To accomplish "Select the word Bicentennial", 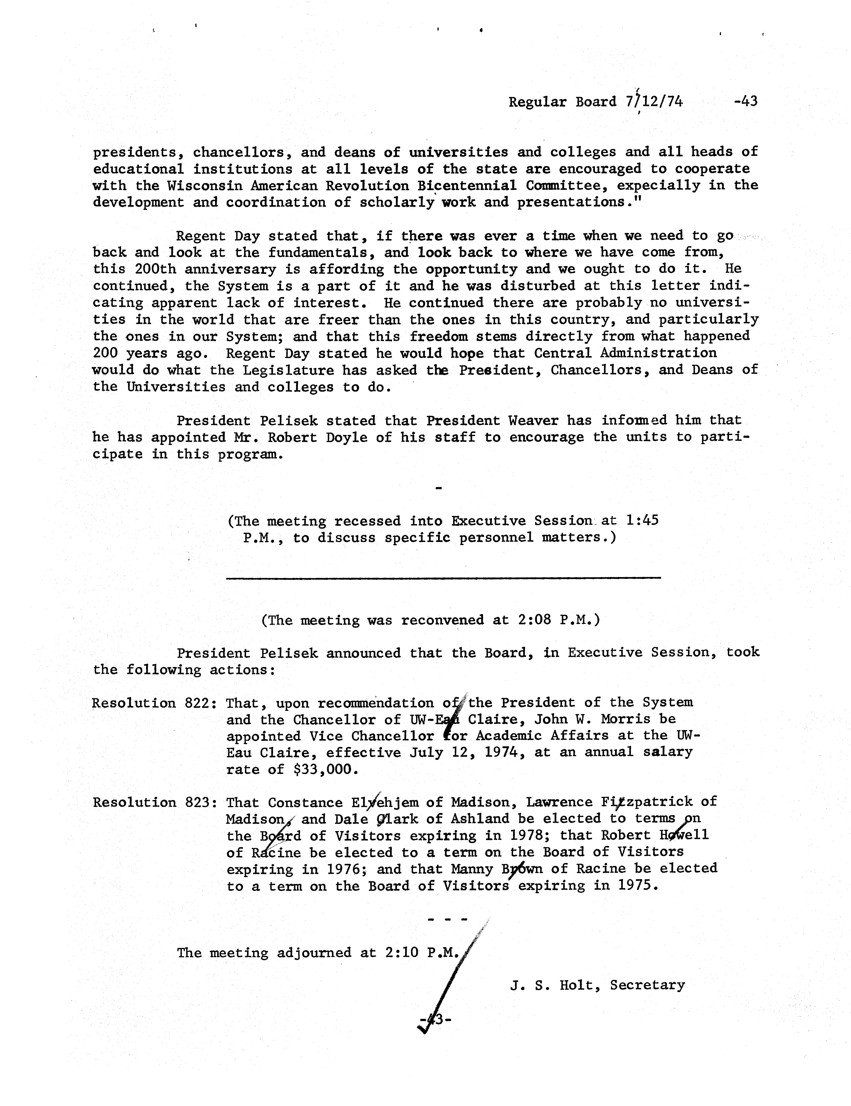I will click(x=471, y=185).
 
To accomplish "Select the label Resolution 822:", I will click(x=155, y=703).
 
